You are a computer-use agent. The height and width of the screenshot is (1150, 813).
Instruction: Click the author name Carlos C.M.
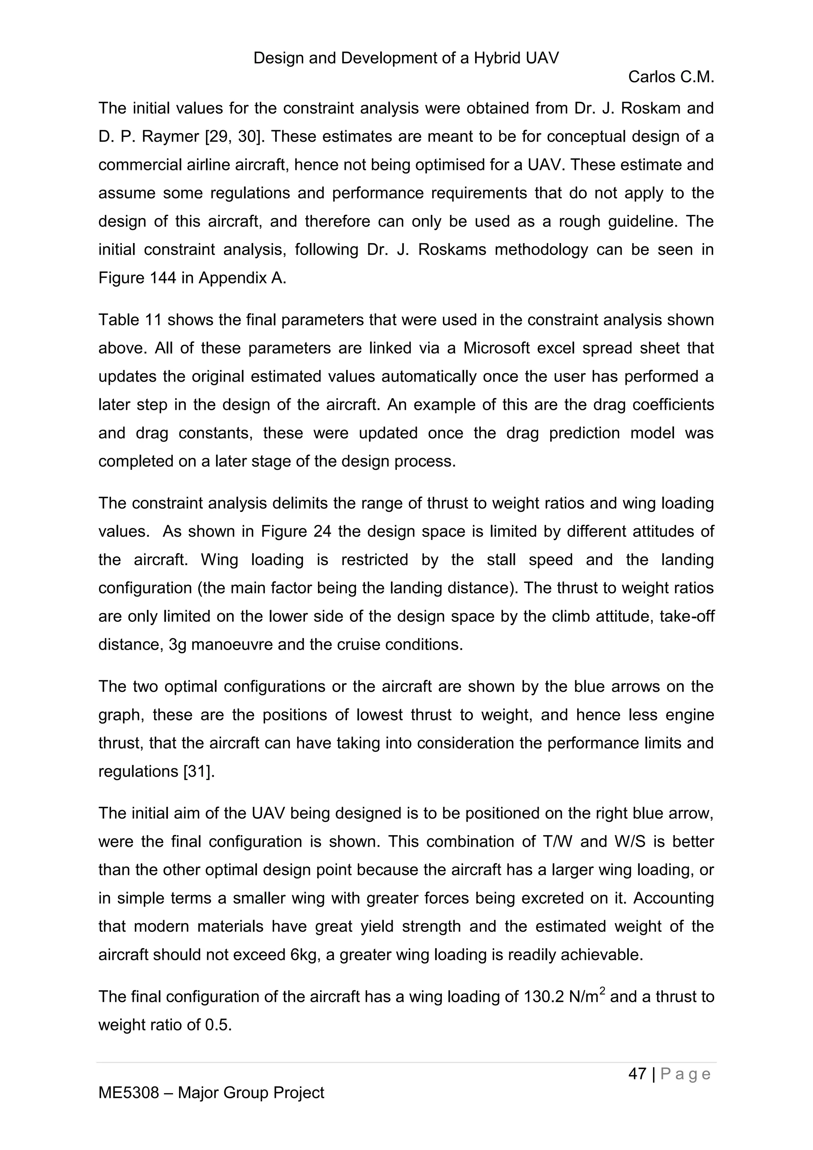(670, 77)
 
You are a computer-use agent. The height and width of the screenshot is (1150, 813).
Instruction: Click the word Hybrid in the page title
(498, 58)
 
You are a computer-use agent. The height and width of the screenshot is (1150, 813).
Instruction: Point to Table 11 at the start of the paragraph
(130, 320)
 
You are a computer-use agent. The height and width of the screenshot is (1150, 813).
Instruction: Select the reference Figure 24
(296, 531)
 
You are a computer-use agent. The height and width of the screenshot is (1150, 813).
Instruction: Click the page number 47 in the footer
(637, 1074)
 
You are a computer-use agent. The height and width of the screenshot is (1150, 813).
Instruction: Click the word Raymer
(171, 136)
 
